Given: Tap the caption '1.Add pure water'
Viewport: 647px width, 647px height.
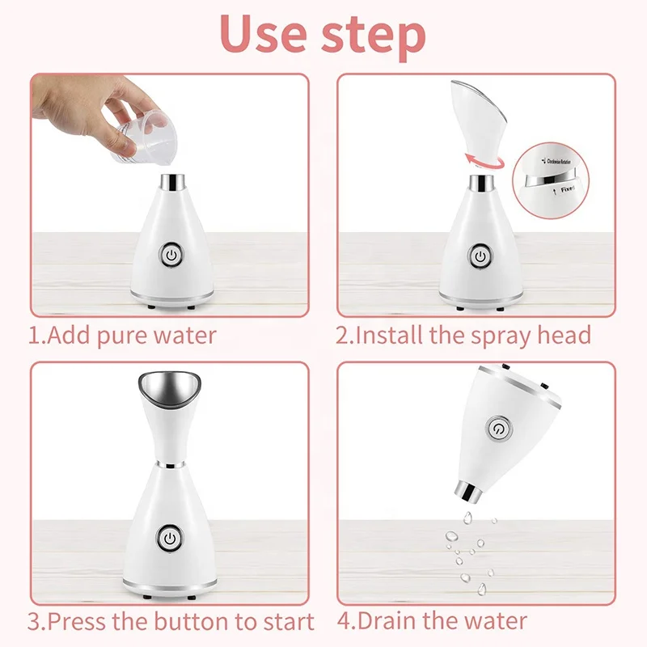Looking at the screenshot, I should coord(123,335).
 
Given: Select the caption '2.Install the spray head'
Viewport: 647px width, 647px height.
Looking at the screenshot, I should coord(463,335).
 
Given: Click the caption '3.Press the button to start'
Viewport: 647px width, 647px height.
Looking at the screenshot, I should coord(171,621).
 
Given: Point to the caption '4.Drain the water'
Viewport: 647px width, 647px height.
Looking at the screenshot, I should coord(431,621).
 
